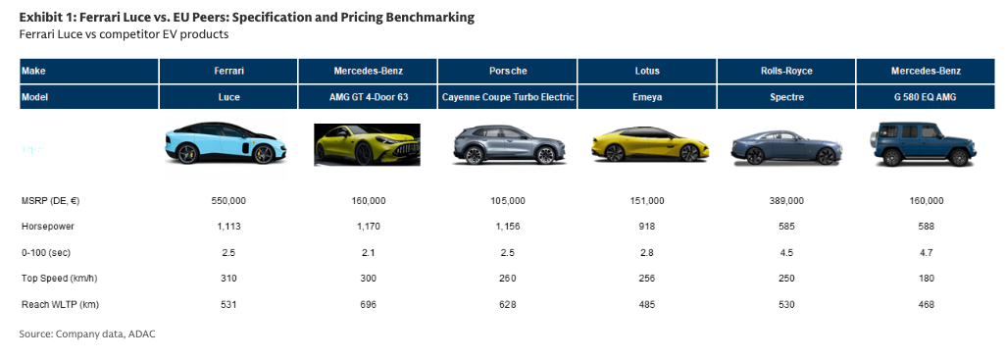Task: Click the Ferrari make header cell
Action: tap(228, 71)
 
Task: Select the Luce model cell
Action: tap(228, 97)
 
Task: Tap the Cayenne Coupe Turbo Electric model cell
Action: tap(508, 97)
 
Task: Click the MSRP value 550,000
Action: tap(228, 201)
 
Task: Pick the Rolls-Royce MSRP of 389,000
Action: tap(785, 201)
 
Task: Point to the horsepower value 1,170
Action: tap(368, 227)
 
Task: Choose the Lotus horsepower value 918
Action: tap(647, 227)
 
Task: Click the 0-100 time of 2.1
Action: tap(368, 253)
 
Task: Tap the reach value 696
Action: tap(368, 305)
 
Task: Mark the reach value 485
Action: tap(647, 305)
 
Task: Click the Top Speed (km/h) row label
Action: tap(59, 279)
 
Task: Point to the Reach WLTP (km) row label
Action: tap(60, 305)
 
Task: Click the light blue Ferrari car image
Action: tap(226, 142)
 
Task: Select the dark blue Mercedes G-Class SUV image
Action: tap(924, 146)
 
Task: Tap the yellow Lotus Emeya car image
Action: tap(645, 144)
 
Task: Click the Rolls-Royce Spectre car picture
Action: tap(786, 147)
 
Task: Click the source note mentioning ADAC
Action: tap(87, 334)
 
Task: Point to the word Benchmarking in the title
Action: tap(430, 18)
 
